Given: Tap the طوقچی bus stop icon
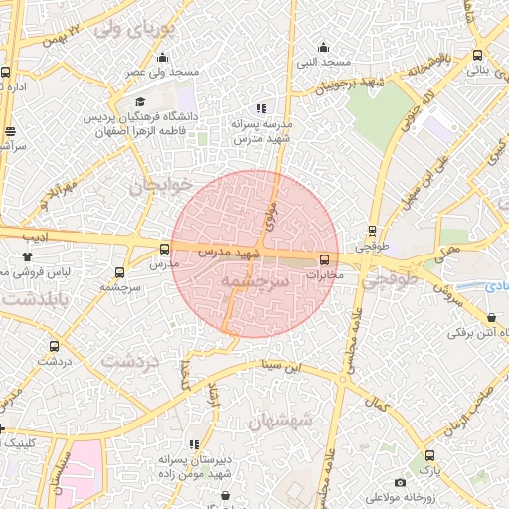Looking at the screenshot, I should [372, 230].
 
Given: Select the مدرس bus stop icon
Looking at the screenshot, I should [164, 250].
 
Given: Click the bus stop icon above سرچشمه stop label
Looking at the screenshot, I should [120, 272].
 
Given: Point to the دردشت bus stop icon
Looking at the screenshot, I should [54, 347].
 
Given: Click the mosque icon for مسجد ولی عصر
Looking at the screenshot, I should [163, 57].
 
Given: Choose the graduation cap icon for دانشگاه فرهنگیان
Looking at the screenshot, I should [140, 101].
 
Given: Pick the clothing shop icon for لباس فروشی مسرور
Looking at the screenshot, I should [27, 256].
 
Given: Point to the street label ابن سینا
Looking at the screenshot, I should [279, 366].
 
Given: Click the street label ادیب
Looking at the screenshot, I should [36, 237].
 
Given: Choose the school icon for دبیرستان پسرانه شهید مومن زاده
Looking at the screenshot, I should [193, 445].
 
